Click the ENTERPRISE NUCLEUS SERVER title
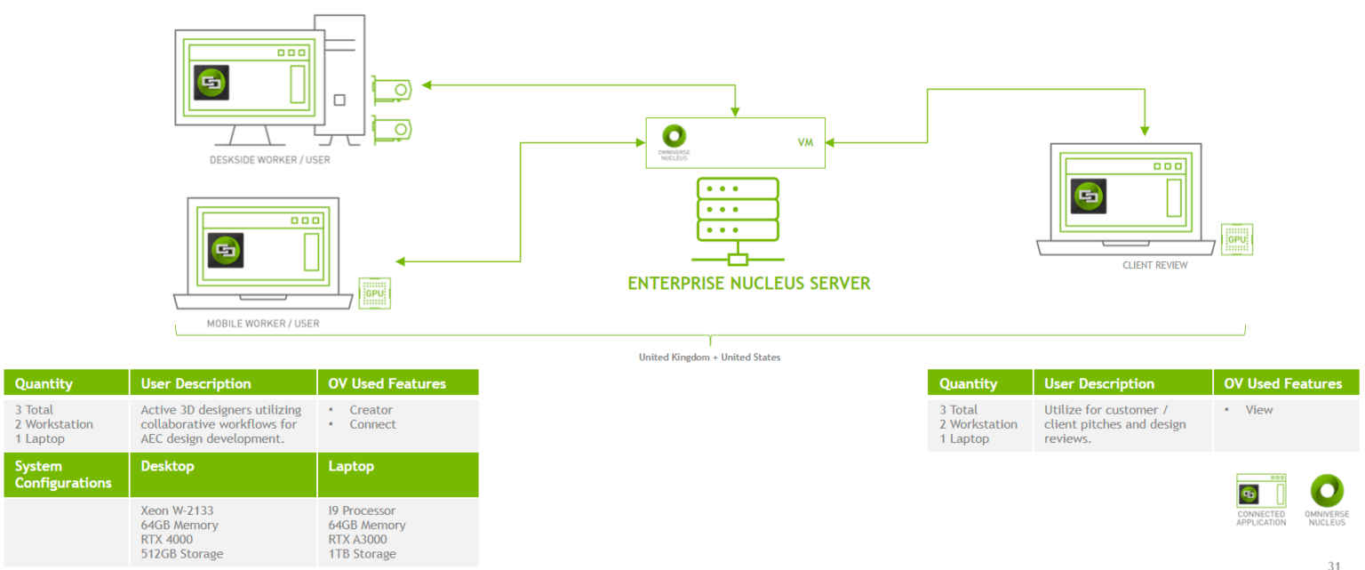click(749, 284)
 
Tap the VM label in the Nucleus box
click(806, 142)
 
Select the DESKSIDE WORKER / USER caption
click(269, 161)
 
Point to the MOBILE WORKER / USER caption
click(263, 324)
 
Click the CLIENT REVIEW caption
click(1154, 265)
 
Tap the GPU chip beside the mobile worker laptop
click(375, 293)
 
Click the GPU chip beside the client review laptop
click(1236, 239)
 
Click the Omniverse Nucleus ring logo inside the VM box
click(675, 135)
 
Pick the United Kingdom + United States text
click(709, 357)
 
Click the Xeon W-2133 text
click(177, 510)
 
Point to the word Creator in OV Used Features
click(371, 410)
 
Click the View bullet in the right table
click(1258, 410)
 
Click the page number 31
click(1334, 565)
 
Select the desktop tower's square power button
click(339, 100)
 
